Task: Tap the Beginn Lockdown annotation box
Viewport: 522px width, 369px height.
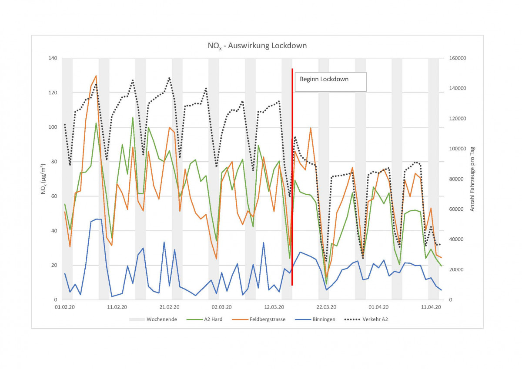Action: [x=331, y=82]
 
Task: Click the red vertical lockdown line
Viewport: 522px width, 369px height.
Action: [x=292, y=174]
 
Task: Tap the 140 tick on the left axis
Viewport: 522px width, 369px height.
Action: [x=53, y=58]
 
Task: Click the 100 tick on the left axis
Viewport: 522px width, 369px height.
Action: [x=53, y=127]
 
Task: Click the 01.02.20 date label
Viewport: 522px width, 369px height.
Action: [x=64, y=307]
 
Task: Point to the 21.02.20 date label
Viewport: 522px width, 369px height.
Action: [x=169, y=307]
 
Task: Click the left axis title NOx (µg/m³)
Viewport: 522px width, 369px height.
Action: [x=43, y=179]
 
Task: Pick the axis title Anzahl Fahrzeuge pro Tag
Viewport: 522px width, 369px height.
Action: [x=472, y=179]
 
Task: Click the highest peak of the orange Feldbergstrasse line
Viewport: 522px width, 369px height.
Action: [x=96, y=76]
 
